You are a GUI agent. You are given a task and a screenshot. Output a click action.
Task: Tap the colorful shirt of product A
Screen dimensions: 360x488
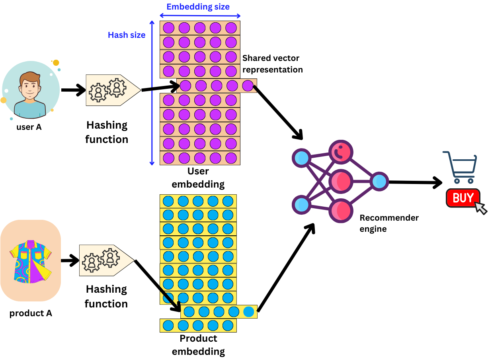point(31,261)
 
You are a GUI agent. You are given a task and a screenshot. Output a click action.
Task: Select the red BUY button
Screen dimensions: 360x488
point(463,198)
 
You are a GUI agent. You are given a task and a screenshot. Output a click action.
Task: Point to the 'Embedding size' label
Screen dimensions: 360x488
point(198,7)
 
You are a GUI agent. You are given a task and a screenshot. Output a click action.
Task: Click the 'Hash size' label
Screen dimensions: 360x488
point(127,35)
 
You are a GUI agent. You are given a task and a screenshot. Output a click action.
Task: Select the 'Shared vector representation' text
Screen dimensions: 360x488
point(273,64)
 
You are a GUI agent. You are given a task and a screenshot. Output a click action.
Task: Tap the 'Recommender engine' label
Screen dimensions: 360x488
point(389,223)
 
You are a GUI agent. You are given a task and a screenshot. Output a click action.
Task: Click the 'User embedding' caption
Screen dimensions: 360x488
point(198,178)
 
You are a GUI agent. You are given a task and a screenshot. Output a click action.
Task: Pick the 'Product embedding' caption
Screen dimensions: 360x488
point(198,345)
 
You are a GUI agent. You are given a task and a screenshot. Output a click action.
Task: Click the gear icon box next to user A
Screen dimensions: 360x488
point(113,90)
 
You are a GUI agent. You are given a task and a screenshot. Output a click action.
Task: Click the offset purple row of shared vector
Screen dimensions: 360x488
point(217,86)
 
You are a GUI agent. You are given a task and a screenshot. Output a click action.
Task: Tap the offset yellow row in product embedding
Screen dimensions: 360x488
point(219,311)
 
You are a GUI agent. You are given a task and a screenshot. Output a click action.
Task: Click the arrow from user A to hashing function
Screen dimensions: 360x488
point(74,90)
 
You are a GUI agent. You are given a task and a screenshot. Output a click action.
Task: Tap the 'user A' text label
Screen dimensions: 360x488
point(29,127)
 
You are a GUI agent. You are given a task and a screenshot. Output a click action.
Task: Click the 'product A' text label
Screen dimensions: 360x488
point(31,313)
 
